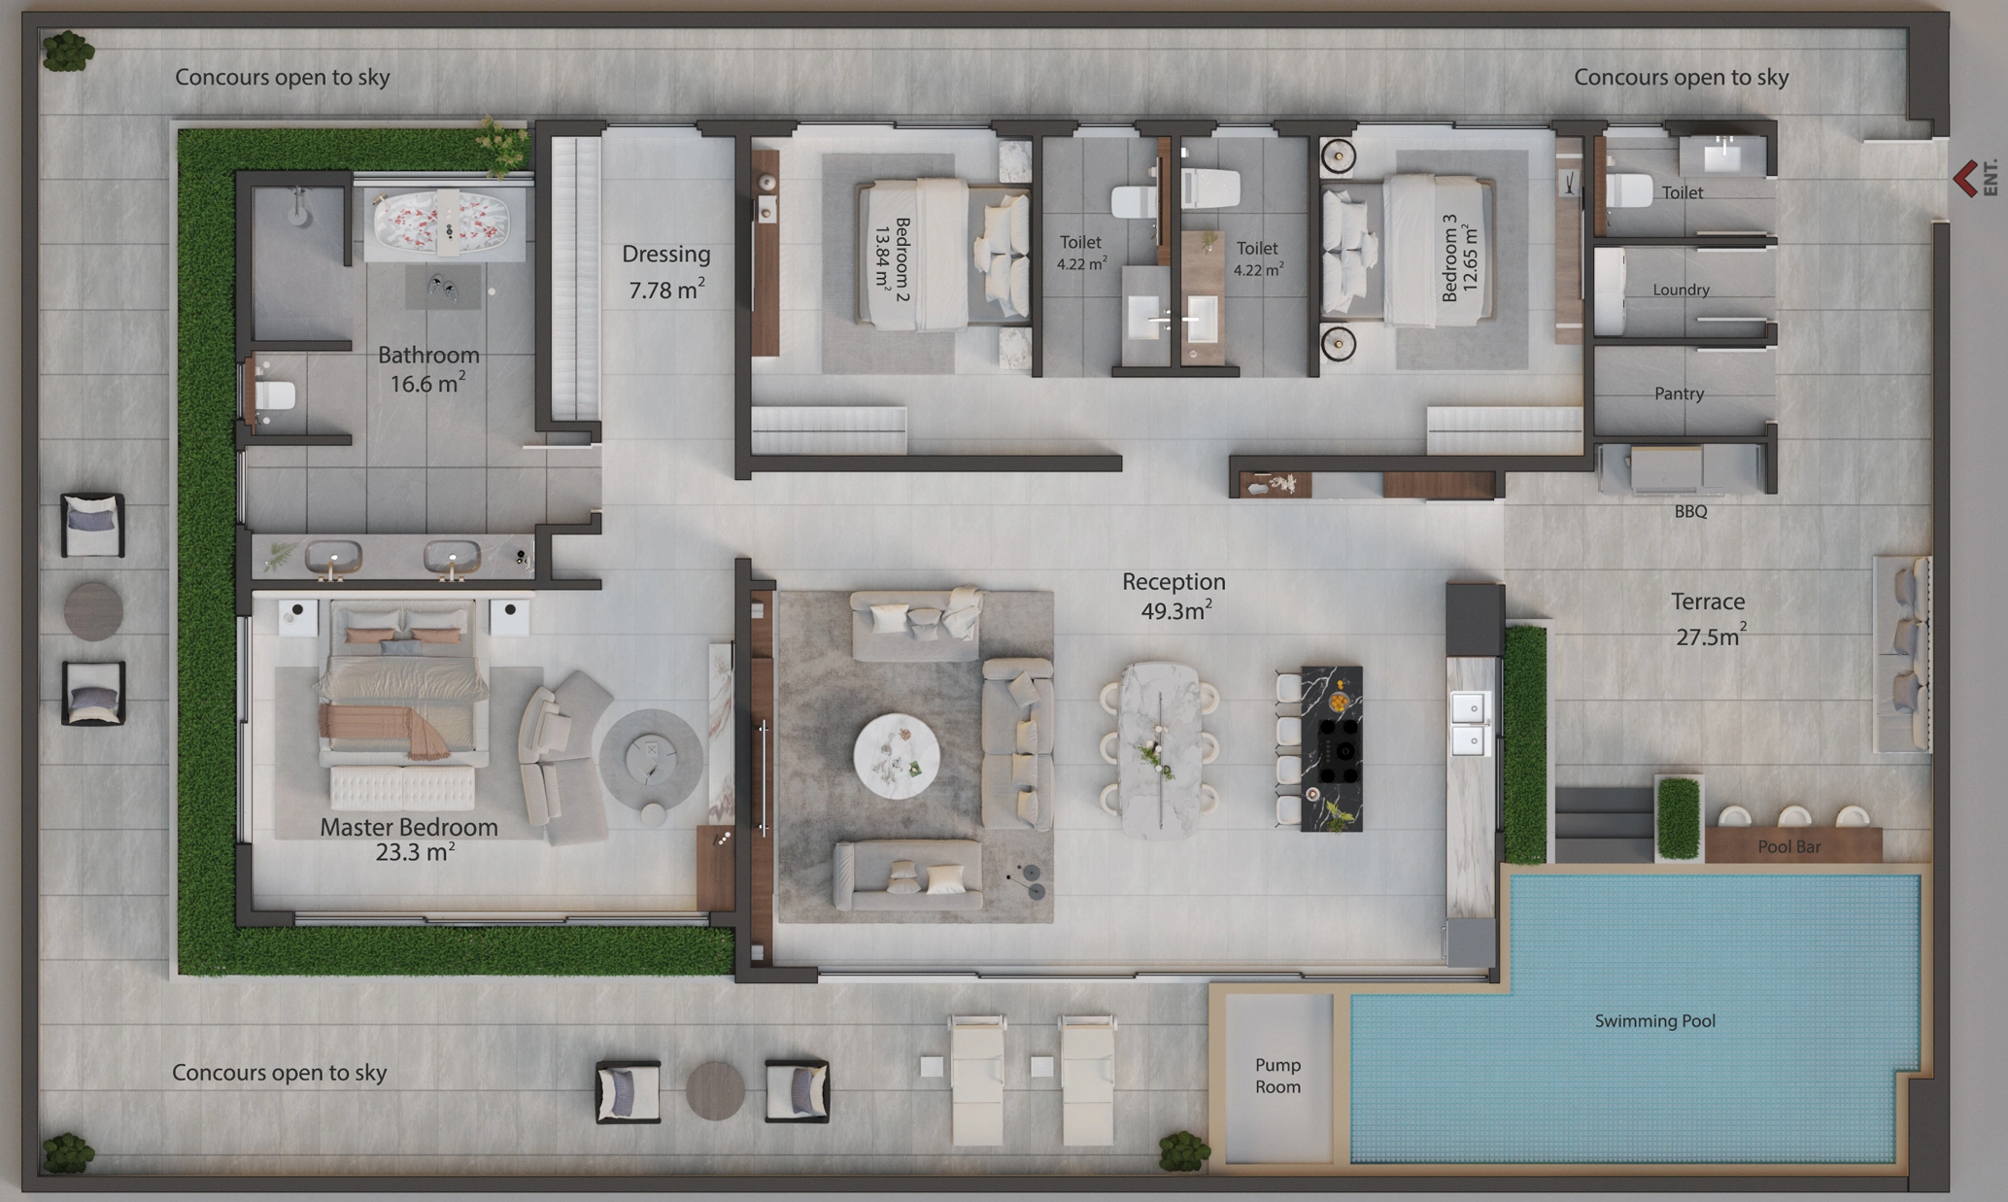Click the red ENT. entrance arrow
1964,179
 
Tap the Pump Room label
1277,1076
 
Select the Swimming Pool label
1654,1020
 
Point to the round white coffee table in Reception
896,756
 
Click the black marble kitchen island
1330,748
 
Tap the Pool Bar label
1788,846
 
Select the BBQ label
1690,511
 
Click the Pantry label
1679,394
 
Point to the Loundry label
1681,290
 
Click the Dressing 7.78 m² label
665,272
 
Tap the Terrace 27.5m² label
1708,619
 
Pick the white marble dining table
1160,749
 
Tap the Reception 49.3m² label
1174,596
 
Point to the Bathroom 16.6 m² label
428,369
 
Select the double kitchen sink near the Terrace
1470,723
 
